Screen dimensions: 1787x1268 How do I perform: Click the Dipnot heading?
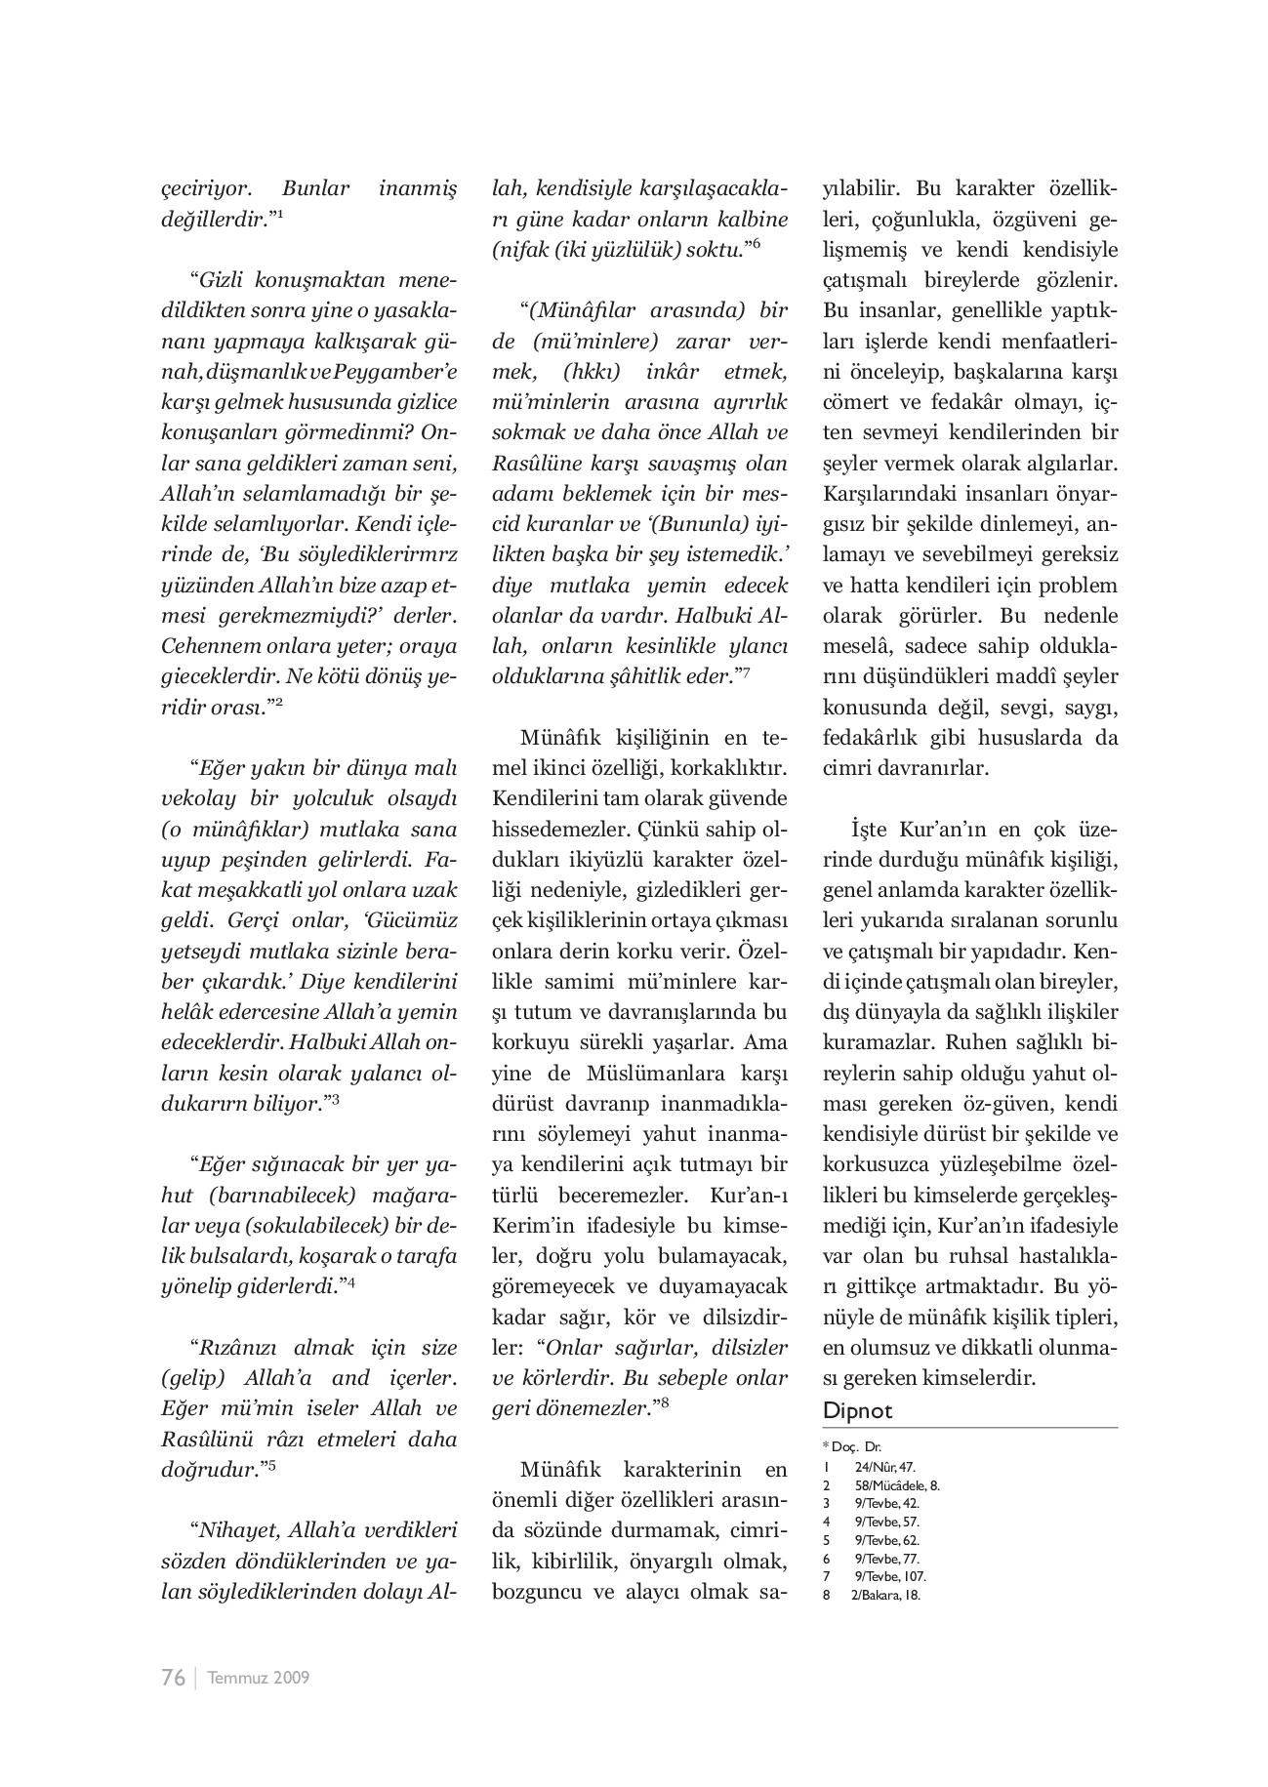click(857, 1410)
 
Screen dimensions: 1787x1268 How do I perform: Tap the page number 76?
click(173, 1678)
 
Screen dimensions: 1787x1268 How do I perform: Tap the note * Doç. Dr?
click(852, 1447)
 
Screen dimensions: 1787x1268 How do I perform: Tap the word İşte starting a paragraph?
click(869, 829)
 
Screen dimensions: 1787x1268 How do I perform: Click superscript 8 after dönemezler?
click(664, 1403)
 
